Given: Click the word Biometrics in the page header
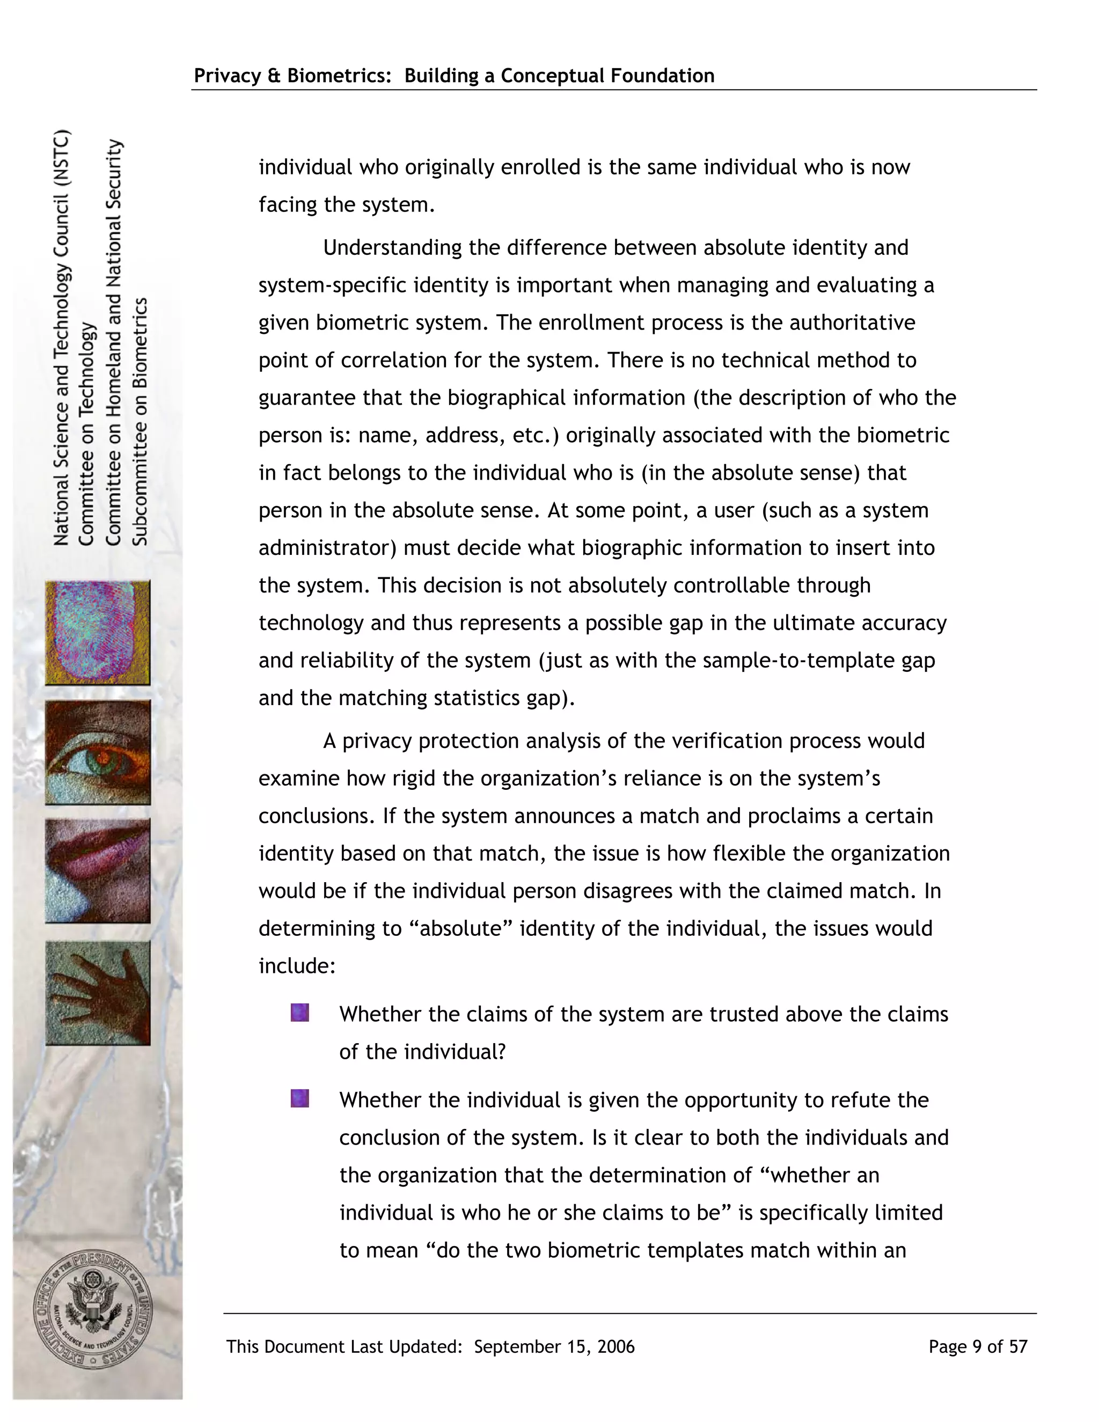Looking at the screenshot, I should pyautogui.click(x=337, y=76).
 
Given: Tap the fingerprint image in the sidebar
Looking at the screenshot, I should pyautogui.click(x=98, y=632).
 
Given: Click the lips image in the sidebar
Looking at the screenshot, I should pyautogui.click(x=98, y=870).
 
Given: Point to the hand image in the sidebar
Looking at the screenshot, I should pyautogui.click(x=98, y=993).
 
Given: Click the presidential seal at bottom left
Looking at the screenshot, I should pyautogui.click(x=92, y=1311).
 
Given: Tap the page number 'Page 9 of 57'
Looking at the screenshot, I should pyautogui.click(x=977, y=1346).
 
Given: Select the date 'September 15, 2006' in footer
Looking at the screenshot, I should pyautogui.click(x=554, y=1346).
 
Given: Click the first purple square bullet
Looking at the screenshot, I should pyautogui.click(x=299, y=1013).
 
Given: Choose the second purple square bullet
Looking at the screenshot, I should pyautogui.click(x=299, y=1098).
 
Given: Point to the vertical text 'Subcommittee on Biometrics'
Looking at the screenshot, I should pyautogui.click(x=141, y=421).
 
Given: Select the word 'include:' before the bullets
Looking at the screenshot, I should pyautogui.click(x=297, y=965).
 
